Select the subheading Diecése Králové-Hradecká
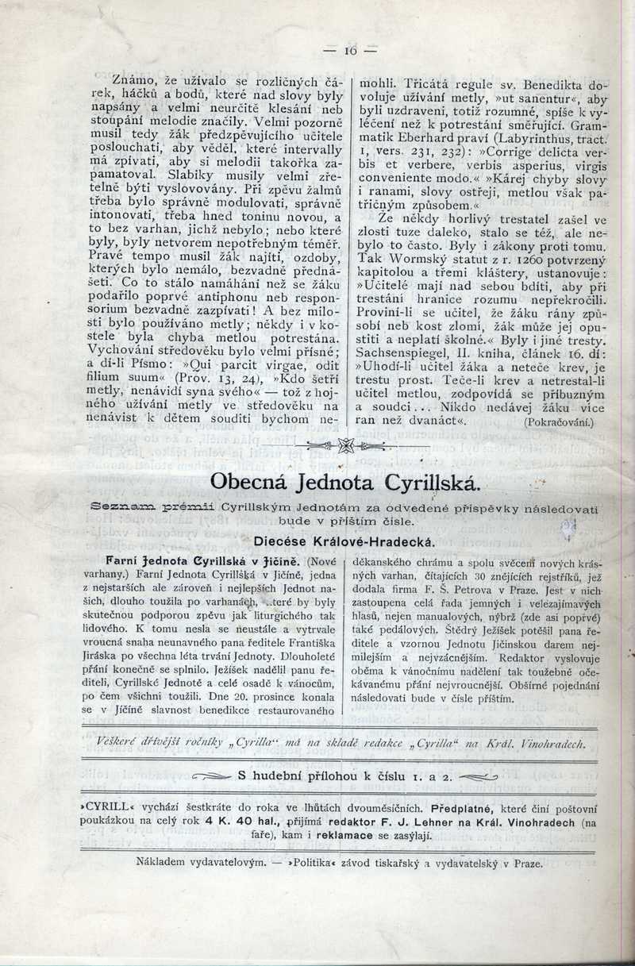(x=343, y=541)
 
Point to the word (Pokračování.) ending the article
(x=559, y=423)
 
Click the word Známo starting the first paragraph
(x=133, y=80)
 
